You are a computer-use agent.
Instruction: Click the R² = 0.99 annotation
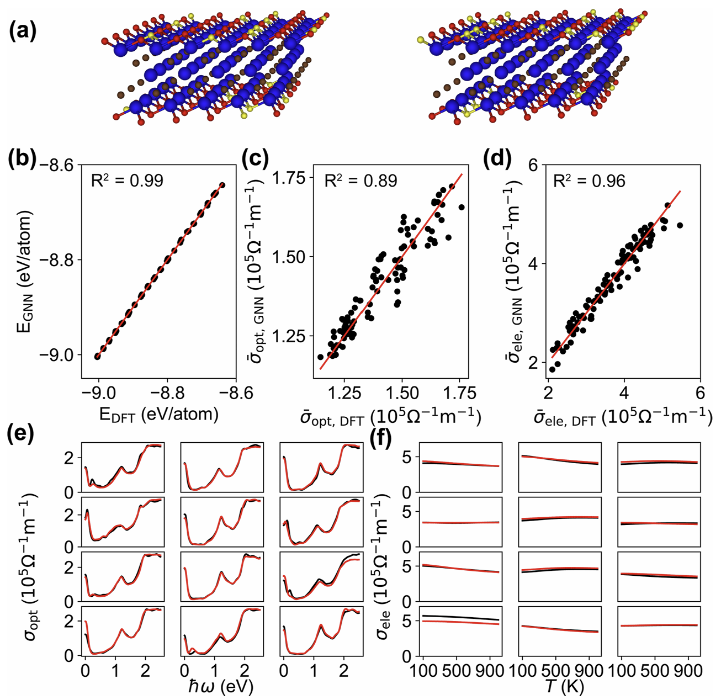click(127, 180)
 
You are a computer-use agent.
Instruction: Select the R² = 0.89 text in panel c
click(360, 181)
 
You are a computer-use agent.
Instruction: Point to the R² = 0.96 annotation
click(589, 180)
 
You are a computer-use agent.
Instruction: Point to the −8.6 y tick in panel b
click(57, 165)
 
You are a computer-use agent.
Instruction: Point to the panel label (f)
click(381, 439)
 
